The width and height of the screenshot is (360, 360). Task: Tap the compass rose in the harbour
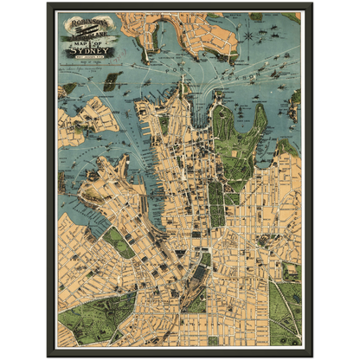coord(248,37)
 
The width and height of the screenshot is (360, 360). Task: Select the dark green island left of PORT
coord(110,81)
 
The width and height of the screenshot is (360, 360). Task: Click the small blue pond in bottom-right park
coord(286,303)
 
